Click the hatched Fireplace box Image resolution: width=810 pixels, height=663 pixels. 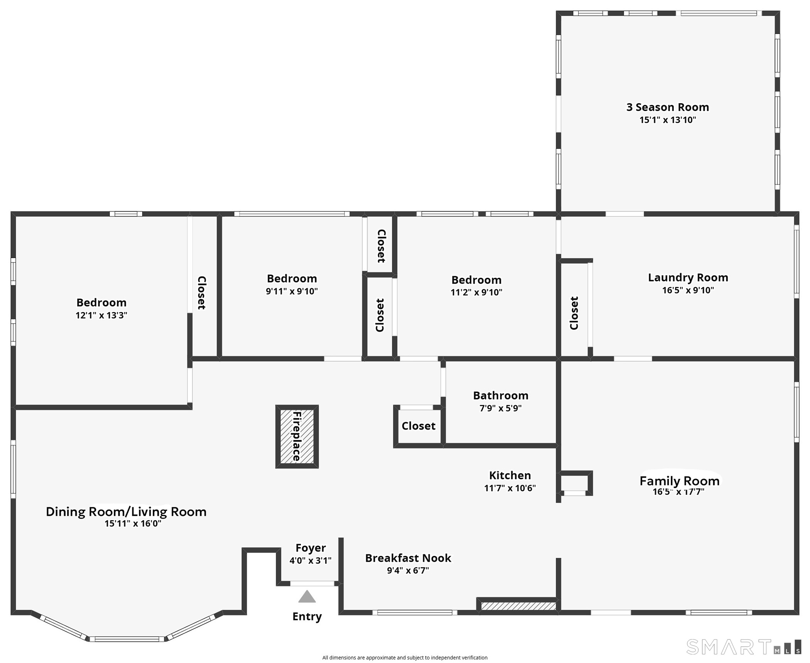pos(297,436)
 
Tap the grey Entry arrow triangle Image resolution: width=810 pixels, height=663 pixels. pos(307,596)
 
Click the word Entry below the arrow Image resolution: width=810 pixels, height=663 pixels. pos(307,616)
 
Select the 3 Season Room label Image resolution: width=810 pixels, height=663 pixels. pos(668,107)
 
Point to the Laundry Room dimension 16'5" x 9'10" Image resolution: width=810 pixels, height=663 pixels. pos(688,290)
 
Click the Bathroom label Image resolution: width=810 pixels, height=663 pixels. pos(501,395)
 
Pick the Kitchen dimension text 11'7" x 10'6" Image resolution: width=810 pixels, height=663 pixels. pos(510,488)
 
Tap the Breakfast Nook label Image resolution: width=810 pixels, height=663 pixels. pos(408,558)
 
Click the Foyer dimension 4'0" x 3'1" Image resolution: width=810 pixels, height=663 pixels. pos(310,561)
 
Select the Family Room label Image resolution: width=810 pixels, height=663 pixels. pos(680,481)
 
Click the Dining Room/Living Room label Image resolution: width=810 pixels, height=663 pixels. pos(126,512)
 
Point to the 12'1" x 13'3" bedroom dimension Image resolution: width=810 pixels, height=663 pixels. pos(101,315)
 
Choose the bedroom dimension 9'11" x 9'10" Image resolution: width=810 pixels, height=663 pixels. pos(292,291)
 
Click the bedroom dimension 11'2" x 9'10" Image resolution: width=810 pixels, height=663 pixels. pos(476,292)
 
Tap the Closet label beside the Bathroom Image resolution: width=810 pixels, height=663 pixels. pos(418,426)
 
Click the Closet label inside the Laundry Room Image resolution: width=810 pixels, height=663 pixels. pos(574,313)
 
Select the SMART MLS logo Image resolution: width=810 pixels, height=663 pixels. pos(744,647)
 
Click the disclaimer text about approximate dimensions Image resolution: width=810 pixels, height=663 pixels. pos(405,658)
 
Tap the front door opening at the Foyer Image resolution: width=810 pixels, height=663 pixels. pos(312,584)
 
